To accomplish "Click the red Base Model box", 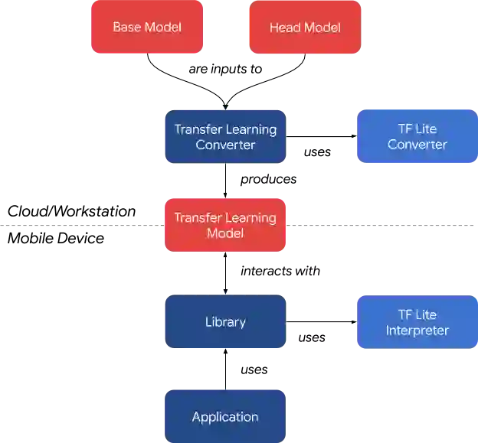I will click(x=147, y=27).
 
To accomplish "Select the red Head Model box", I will click(x=305, y=28).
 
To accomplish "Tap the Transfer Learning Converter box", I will click(x=225, y=137).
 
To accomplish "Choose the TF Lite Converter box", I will click(x=417, y=137).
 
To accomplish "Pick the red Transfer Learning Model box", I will click(x=225, y=225).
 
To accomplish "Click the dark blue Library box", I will click(x=225, y=322).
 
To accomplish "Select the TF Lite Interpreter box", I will click(x=417, y=322).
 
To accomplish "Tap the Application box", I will click(x=225, y=417).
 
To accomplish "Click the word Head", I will click(x=285, y=28).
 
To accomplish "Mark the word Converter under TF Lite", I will click(x=417, y=145).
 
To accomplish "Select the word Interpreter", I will click(x=417, y=331).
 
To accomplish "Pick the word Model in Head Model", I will click(x=322, y=28).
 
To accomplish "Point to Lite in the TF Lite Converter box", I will click(x=426, y=129).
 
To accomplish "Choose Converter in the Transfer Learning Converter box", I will click(x=225, y=145).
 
